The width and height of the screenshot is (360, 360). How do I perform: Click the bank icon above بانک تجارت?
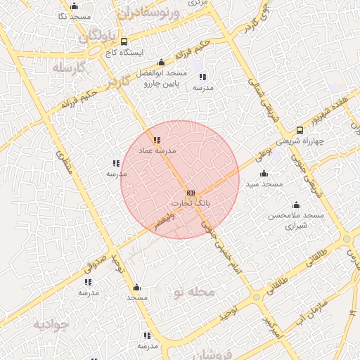(x=191, y=193)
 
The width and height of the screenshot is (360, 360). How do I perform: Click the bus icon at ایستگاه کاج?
(x=124, y=41)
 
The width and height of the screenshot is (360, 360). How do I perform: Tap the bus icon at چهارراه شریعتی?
(x=300, y=130)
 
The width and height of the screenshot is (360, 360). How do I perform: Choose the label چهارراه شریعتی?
(x=300, y=140)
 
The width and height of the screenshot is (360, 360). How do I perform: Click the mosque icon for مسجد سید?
(x=264, y=173)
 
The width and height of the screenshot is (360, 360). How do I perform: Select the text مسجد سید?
(x=264, y=184)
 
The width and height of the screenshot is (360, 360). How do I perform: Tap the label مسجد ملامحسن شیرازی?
(x=296, y=221)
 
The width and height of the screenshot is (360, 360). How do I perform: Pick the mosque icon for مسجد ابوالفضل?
(x=162, y=63)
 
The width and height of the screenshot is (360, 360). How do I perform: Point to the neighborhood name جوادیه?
(x=51, y=326)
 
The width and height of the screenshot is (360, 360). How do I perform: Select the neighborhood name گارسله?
(x=68, y=67)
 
